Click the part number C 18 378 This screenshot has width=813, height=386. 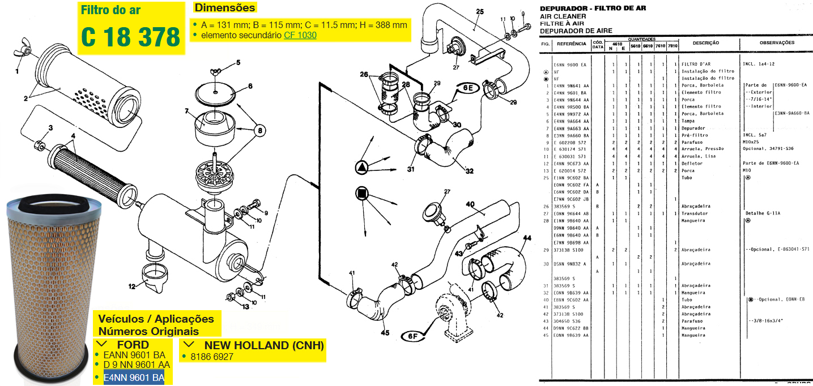coord(130,37)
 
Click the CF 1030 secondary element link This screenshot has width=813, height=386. coord(300,35)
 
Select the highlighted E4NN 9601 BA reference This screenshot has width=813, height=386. coord(134,378)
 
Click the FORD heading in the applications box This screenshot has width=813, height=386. coord(133,345)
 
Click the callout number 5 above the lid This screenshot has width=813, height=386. coord(239,63)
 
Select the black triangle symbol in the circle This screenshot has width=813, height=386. coord(362,167)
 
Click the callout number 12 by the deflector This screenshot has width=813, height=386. coord(131,286)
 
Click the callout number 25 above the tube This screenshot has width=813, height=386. coord(479,11)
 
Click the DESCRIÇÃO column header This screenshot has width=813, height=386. coord(705,43)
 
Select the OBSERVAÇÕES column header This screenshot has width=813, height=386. coord(777,43)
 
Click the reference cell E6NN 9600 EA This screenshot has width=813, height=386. coord(570,65)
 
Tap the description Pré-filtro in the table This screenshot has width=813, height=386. coord(693,135)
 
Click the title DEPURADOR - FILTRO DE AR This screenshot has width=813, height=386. coord(593,8)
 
